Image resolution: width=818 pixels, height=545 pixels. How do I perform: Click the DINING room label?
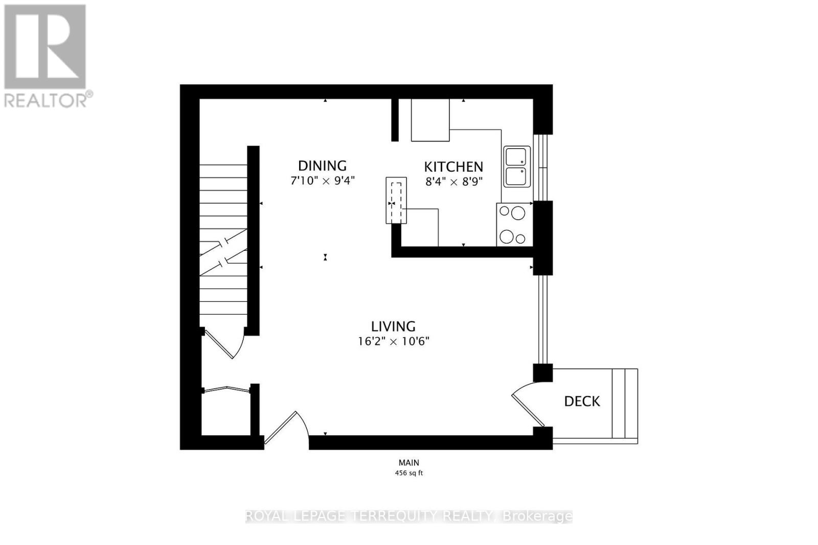pyautogui.click(x=322, y=165)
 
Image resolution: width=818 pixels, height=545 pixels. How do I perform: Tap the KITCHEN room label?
pyautogui.click(x=453, y=167)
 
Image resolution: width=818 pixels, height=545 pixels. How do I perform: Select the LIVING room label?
pyautogui.click(x=393, y=326)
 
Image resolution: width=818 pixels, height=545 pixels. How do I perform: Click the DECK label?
pyautogui.click(x=582, y=401)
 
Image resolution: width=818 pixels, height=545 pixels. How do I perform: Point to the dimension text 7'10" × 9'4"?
pyautogui.click(x=322, y=181)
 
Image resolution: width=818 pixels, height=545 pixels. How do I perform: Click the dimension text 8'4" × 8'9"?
pyautogui.click(x=453, y=181)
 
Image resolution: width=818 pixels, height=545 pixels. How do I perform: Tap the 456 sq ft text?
pyautogui.click(x=408, y=473)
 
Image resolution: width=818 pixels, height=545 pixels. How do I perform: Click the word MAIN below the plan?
pyautogui.click(x=408, y=463)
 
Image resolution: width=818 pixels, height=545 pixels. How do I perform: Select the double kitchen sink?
pyautogui.click(x=517, y=167)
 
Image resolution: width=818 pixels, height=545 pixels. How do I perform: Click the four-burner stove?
pyautogui.click(x=514, y=225)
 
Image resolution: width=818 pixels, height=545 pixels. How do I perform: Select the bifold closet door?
pyautogui.click(x=226, y=390)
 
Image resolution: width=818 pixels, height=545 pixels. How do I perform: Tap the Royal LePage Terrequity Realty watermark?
pyautogui.click(x=408, y=516)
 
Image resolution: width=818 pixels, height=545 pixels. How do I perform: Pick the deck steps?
pyautogui.click(x=625, y=404)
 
